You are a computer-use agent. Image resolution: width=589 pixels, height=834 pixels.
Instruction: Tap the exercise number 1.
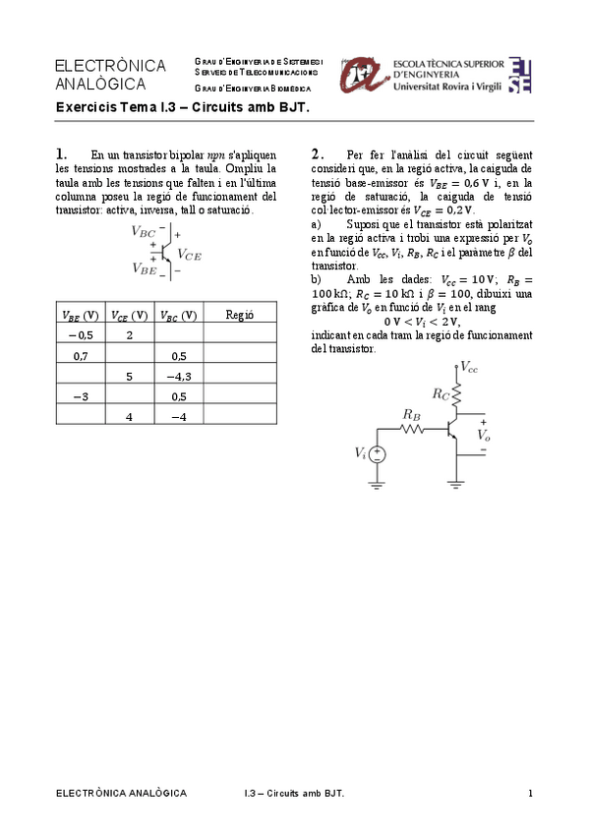click(61, 153)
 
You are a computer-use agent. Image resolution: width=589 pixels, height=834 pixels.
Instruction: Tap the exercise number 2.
click(317, 153)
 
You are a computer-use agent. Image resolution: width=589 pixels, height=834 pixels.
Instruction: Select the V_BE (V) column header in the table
click(81, 315)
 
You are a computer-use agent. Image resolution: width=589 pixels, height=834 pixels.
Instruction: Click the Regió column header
click(240, 315)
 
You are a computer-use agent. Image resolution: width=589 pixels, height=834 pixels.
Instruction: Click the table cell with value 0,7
click(81, 356)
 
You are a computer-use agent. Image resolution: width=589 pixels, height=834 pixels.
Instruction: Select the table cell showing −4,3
click(178, 377)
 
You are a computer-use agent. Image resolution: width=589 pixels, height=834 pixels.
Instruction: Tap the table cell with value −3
click(81, 396)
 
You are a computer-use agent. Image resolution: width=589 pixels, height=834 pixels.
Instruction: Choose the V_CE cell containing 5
click(129, 377)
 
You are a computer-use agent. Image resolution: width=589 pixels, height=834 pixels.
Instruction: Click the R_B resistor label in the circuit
click(412, 415)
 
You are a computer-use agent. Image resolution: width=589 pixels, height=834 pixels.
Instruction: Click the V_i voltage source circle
click(377, 453)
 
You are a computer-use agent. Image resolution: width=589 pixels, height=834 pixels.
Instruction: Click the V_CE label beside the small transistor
click(189, 254)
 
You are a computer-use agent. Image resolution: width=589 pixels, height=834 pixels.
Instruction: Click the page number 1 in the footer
click(530, 793)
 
